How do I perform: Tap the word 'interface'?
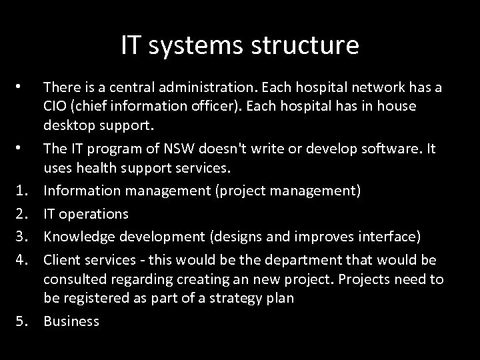point(387,236)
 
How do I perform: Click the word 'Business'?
point(71,321)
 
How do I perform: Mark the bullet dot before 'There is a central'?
point(21,87)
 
